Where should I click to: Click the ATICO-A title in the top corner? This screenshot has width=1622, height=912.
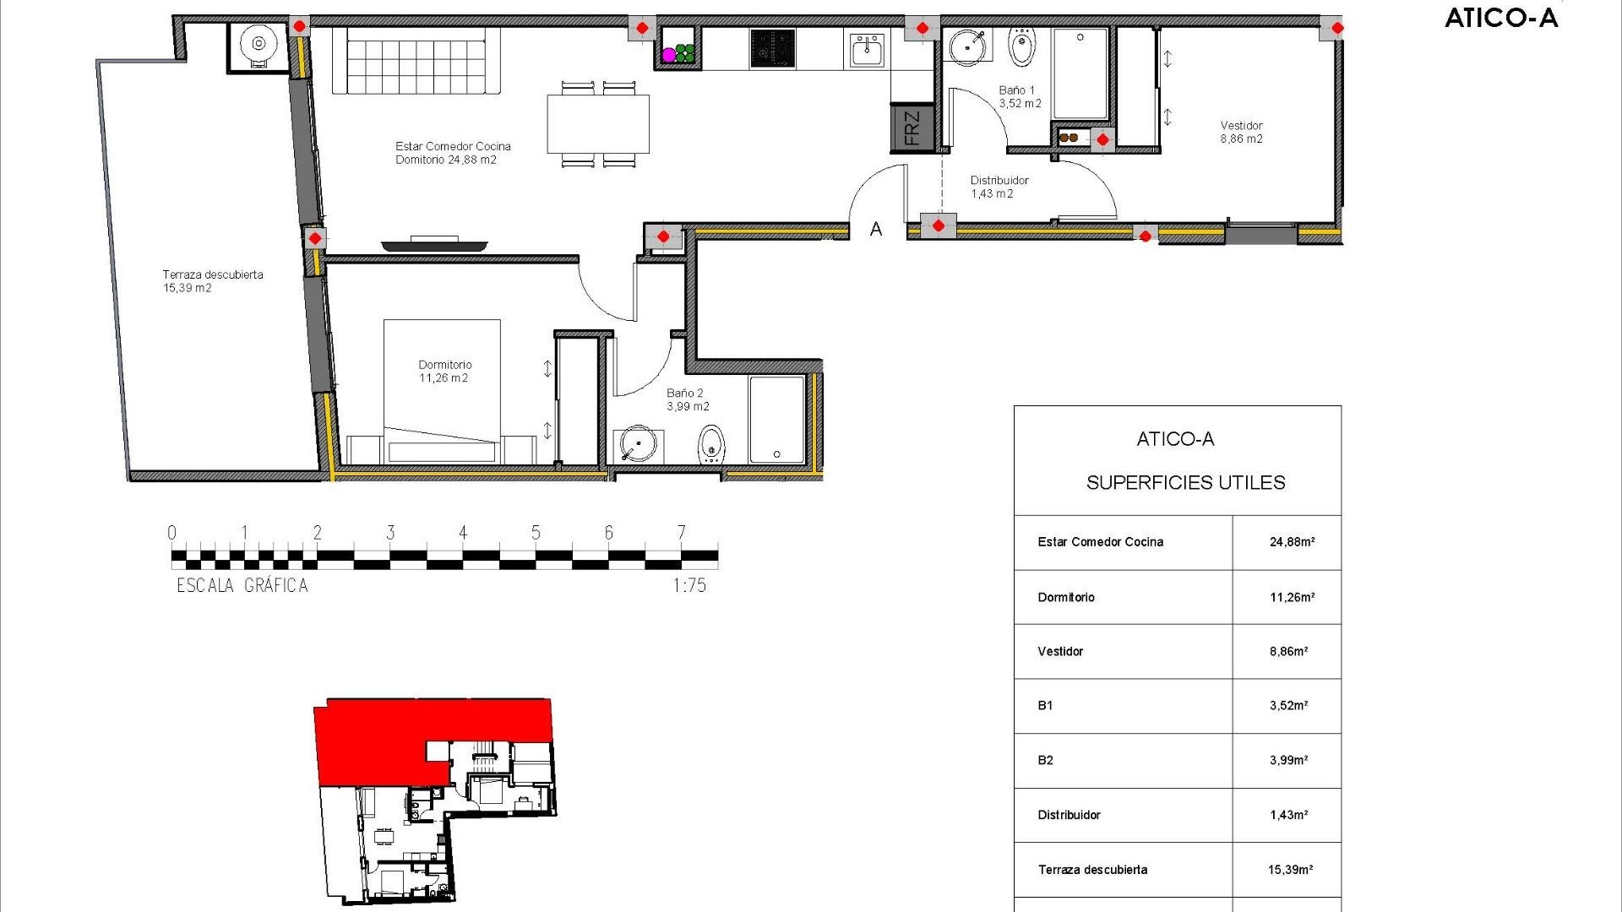coord(1500,18)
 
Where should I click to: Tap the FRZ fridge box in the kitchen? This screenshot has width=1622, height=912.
coord(912,128)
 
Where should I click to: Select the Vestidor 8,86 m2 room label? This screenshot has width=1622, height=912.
coord(1241,133)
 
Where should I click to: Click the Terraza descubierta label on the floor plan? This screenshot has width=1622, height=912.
coord(212,281)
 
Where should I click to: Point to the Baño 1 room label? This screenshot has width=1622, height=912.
coord(1019,96)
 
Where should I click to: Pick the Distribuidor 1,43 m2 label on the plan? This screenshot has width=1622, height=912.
coord(999,187)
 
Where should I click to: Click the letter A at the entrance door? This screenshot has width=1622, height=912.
coord(876,229)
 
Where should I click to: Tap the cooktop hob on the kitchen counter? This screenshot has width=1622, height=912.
coord(773,48)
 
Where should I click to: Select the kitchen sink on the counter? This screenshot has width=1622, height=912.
coord(867,50)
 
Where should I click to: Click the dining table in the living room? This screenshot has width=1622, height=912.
coord(598,124)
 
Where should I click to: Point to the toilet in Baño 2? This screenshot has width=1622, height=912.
coord(711,443)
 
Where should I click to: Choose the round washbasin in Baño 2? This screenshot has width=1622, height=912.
coord(637,444)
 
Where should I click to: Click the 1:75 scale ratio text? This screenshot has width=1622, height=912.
coord(689,585)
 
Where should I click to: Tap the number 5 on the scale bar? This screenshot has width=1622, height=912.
coord(536,533)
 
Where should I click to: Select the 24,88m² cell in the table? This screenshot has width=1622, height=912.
coord(1292,542)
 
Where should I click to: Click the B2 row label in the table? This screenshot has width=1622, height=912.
coord(1045,760)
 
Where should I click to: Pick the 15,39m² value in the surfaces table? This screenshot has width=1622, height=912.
coord(1290,869)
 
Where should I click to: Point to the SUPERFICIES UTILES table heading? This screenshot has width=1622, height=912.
coord(1185,482)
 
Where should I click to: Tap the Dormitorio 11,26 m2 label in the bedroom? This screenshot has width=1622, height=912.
coord(444,372)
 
